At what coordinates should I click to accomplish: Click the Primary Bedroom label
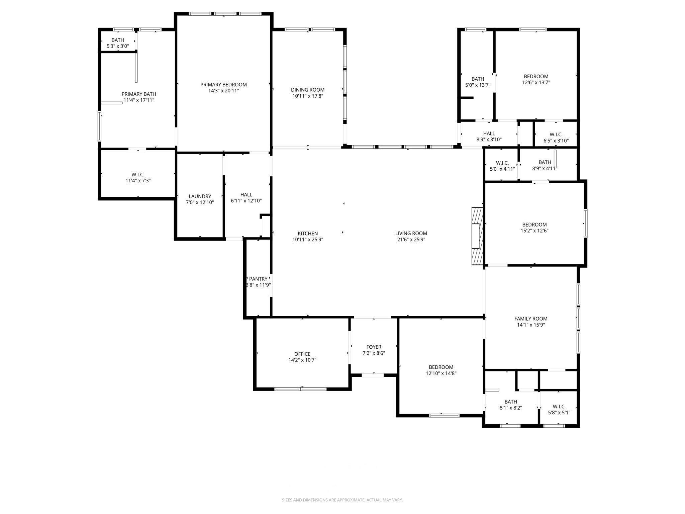(223, 85)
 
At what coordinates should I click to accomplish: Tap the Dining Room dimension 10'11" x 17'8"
(308, 96)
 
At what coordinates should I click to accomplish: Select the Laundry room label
(200, 196)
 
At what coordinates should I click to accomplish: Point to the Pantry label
(258, 279)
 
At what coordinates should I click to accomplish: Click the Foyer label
(374, 347)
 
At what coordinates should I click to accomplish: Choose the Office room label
(302, 354)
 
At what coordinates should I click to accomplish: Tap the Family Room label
(531, 319)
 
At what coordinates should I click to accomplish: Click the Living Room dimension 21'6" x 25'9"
(411, 240)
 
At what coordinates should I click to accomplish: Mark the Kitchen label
(308, 234)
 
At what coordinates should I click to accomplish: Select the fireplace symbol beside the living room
(477, 236)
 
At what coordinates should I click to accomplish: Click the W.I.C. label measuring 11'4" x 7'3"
(138, 175)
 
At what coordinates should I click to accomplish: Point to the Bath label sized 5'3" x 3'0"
(118, 40)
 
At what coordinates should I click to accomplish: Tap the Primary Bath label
(139, 94)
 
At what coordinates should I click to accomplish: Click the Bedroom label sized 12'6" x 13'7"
(536, 76)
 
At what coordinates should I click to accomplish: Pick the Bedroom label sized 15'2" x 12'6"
(534, 225)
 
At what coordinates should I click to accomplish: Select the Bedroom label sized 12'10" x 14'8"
(441, 367)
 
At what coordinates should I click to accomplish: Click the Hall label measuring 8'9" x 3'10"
(489, 134)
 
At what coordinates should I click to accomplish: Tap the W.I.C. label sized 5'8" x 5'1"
(559, 407)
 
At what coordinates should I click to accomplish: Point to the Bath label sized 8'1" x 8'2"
(511, 402)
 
